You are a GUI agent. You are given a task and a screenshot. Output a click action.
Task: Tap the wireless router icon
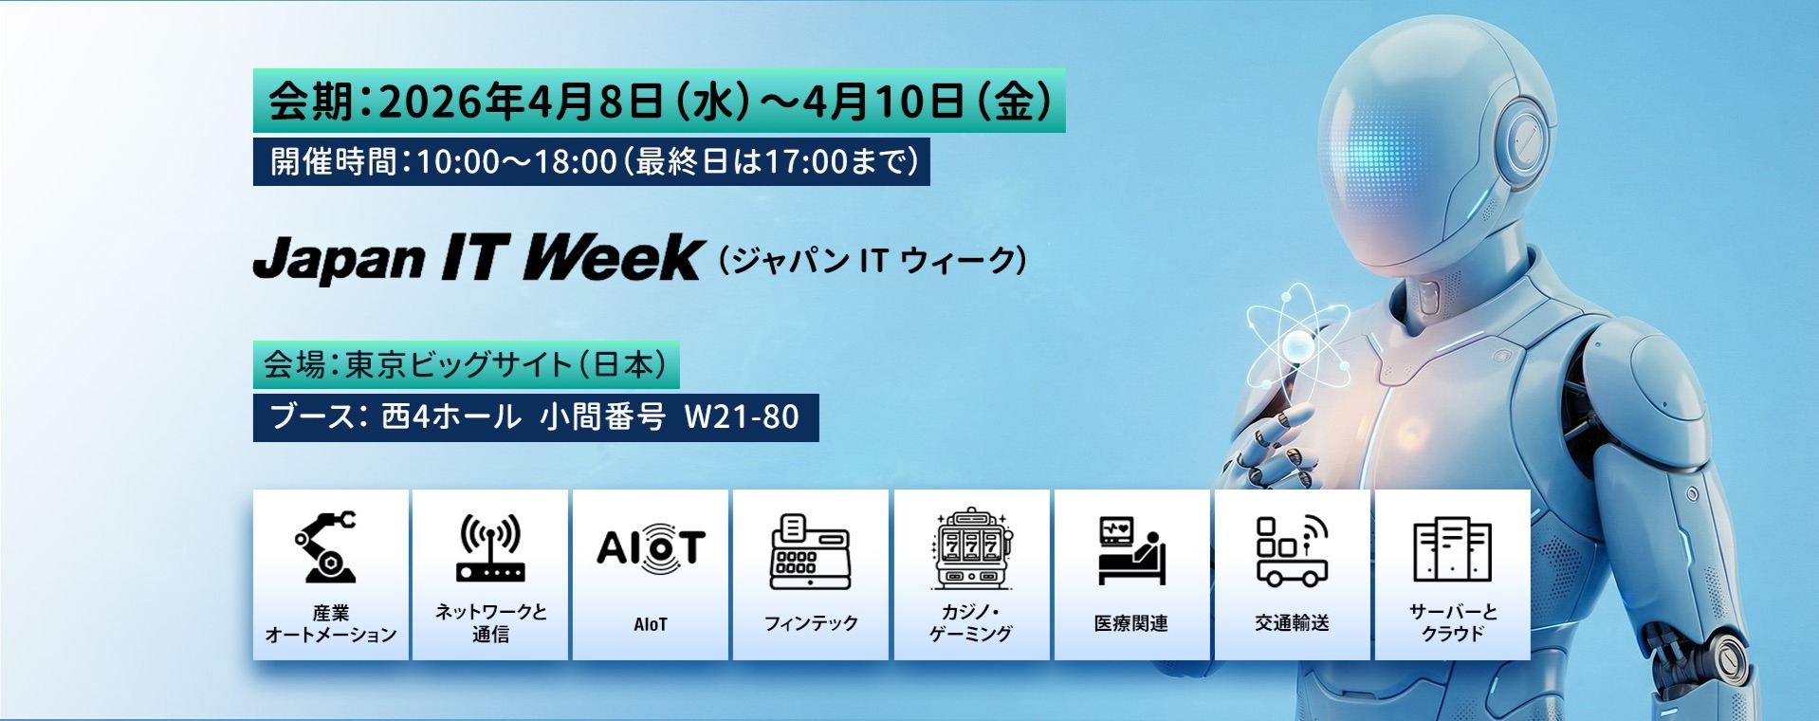pos(490,547)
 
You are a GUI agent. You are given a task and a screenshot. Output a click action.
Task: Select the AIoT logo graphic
pos(651,548)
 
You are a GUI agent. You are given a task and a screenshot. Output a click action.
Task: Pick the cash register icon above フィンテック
pos(810,550)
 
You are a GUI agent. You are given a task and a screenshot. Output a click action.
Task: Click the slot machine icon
pos(971,548)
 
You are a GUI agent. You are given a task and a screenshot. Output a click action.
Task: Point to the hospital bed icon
pos(1130,550)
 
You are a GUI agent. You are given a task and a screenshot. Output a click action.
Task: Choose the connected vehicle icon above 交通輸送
pos(1292,550)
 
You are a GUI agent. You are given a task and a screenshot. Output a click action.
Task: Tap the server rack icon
pos(1452,550)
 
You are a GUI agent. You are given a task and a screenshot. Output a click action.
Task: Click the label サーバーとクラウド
pos(1452,622)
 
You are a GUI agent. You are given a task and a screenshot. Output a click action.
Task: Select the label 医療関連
pos(1130,623)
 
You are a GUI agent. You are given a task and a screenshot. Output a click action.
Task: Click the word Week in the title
pos(613,258)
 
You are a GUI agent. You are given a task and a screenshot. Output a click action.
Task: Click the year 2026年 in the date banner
pos(446,102)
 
